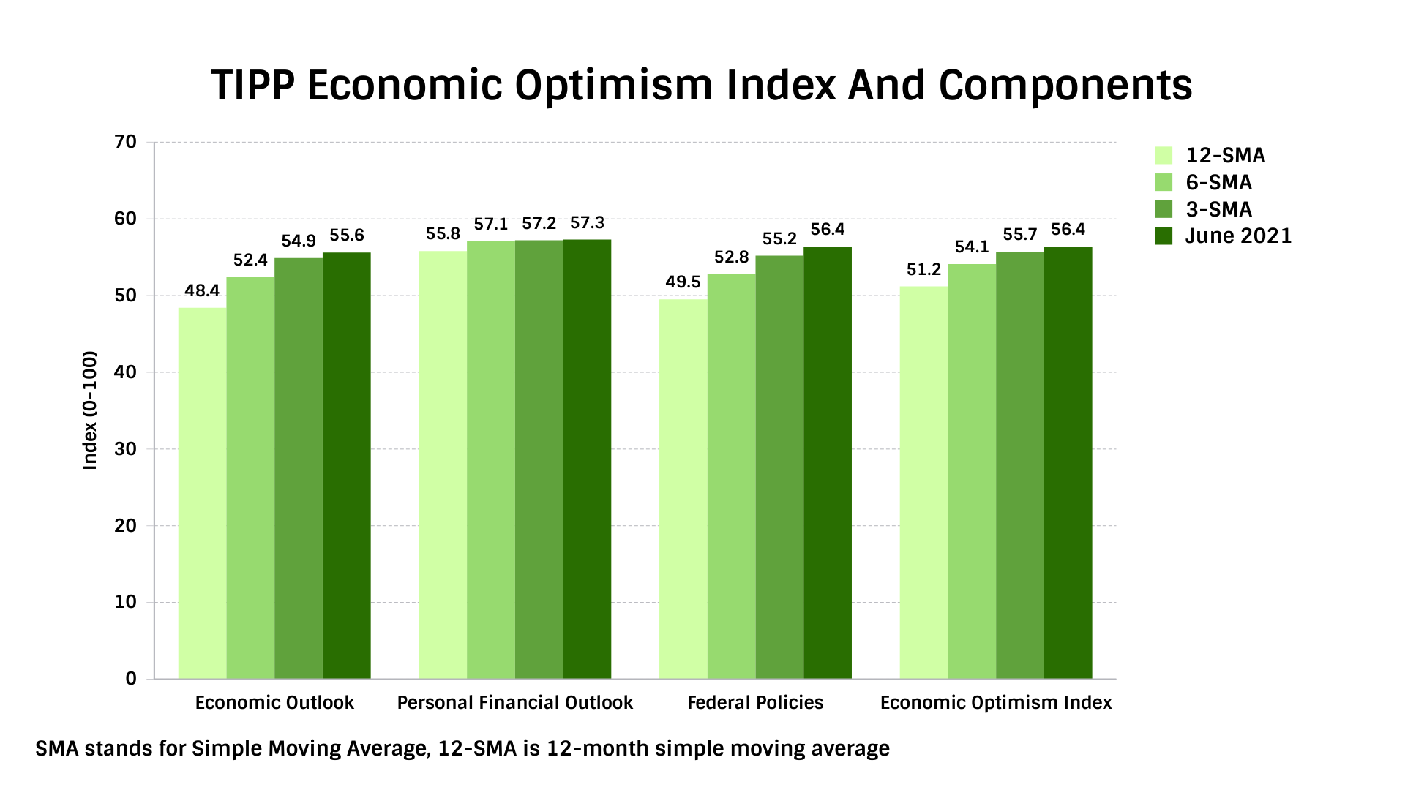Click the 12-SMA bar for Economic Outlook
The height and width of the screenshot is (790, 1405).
pyautogui.click(x=202, y=493)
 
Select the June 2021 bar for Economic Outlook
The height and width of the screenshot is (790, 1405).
pyautogui.click(x=347, y=466)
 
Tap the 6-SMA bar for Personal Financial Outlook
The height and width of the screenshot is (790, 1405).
pyautogui.click(x=491, y=460)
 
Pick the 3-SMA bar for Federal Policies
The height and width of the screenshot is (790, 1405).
pyautogui.click(x=779, y=467)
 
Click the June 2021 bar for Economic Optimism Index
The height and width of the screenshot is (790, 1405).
pyautogui.click(x=1068, y=463)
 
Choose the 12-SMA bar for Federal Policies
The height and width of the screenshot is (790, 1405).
pyautogui.click(x=683, y=489)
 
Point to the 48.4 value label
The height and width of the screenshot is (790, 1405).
pyautogui.click(x=202, y=291)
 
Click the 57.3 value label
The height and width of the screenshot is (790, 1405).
pyautogui.click(x=587, y=223)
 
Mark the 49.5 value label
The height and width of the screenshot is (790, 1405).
pyautogui.click(x=683, y=282)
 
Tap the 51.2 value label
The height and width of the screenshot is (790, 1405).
pyautogui.click(x=923, y=270)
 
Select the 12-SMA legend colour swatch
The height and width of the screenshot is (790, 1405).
pyautogui.click(x=1164, y=156)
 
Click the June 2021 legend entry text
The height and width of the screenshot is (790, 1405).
pyautogui.click(x=1239, y=236)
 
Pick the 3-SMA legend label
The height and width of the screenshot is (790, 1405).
pyautogui.click(x=1219, y=210)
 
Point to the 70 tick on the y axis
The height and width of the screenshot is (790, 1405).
pyautogui.click(x=126, y=142)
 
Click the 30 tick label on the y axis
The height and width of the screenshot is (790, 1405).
pyautogui.click(x=126, y=449)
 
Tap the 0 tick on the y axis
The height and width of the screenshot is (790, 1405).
pyautogui.click(x=131, y=679)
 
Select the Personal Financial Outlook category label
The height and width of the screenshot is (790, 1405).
pyautogui.click(x=515, y=703)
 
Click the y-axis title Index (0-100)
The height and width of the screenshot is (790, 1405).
pyautogui.click(x=90, y=410)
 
